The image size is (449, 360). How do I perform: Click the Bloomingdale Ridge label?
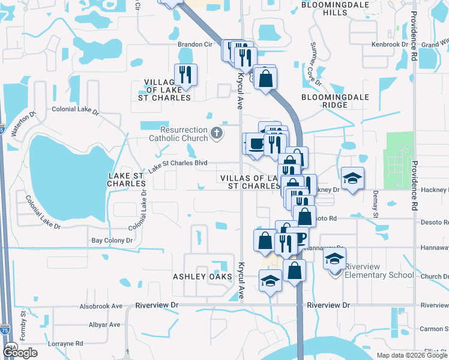click(x=324, y=101)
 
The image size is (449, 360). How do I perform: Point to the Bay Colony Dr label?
click(x=112, y=240)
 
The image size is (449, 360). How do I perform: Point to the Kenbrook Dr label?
click(x=390, y=44)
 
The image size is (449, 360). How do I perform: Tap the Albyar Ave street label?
click(x=104, y=325)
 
